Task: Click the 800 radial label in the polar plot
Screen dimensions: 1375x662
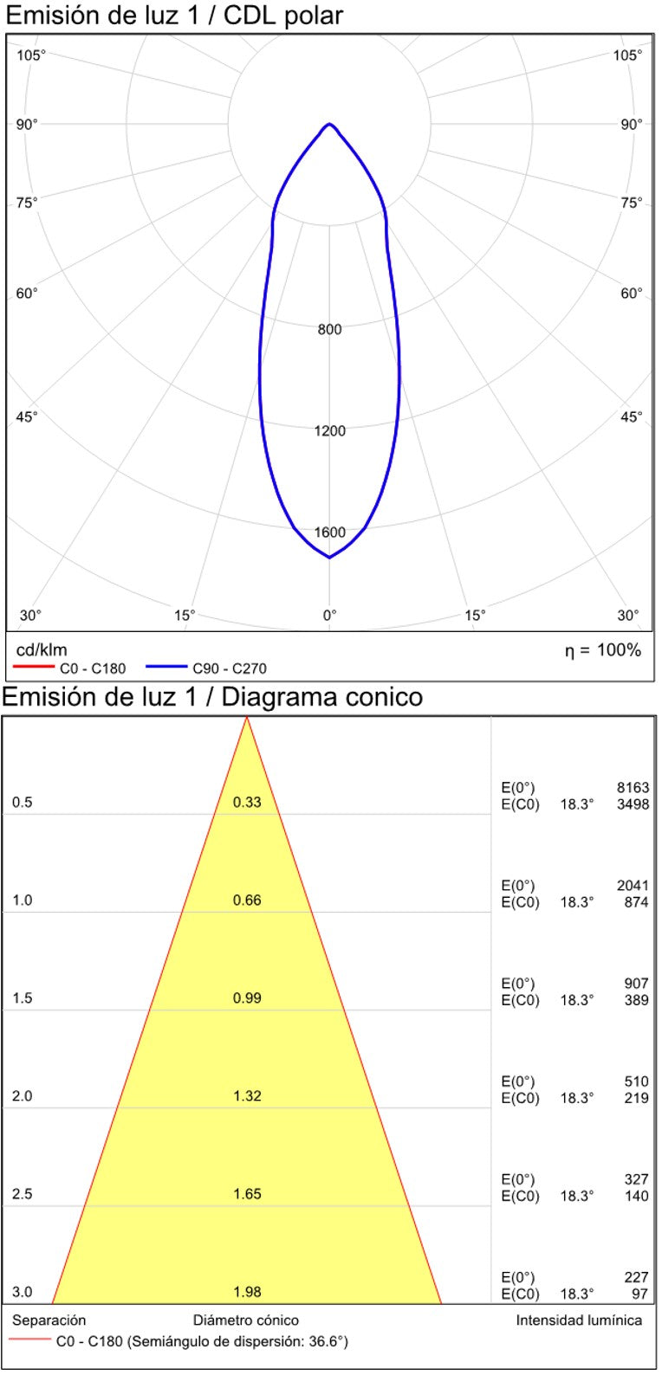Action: click(329, 329)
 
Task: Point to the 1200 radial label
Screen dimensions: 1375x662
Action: click(329, 430)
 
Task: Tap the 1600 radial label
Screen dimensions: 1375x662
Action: click(329, 533)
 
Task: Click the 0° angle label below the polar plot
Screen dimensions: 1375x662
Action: click(329, 616)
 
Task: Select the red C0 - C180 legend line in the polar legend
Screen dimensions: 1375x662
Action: click(34, 668)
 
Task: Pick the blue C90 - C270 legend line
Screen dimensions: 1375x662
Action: click(166, 668)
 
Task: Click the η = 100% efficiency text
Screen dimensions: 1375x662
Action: click(603, 650)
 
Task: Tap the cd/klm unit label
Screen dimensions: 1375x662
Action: click(42, 650)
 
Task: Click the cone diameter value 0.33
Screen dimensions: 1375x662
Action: click(247, 803)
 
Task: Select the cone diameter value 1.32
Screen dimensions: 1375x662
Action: click(247, 1096)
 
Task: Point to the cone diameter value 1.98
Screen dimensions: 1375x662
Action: click(247, 1292)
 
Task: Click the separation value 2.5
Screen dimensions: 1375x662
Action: click(23, 1194)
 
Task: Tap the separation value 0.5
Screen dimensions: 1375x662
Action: click(23, 803)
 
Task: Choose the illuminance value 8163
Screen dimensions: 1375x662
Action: click(633, 788)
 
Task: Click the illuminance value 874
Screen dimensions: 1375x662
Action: click(636, 902)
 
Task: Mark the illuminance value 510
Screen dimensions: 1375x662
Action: click(636, 1081)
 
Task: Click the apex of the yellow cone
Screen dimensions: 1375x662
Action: click(247, 719)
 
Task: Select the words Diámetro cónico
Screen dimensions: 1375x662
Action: click(246, 1320)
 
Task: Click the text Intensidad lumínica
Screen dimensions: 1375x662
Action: click(579, 1320)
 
